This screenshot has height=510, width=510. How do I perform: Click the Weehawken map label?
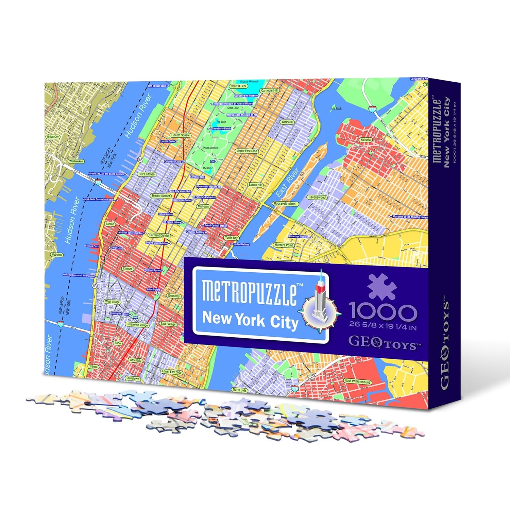pyautogui.click(x=76, y=161)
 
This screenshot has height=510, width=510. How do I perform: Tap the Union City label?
pyautogui.click(x=53, y=137)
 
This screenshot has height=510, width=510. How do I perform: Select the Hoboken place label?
pyautogui.click(x=56, y=255)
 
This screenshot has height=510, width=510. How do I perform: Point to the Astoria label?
pyautogui.click(x=366, y=140)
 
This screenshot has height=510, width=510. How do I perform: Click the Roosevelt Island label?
pyautogui.click(x=285, y=204)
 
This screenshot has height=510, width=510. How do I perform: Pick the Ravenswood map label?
pyautogui.click(x=317, y=197)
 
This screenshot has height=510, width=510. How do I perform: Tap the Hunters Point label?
pyautogui.click(x=284, y=245)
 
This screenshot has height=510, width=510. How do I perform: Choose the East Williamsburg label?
pyautogui.click(x=357, y=381)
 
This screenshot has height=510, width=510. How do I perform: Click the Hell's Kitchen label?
pyautogui.click(x=147, y=174)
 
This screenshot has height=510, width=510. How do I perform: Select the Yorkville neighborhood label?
pyautogui.click(x=287, y=122)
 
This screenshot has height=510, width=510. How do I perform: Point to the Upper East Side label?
pyautogui.click(x=247, y=151)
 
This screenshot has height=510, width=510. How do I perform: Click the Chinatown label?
pyautogui.click(x=133, y=378)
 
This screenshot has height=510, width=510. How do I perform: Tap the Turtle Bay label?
pyautogui.click(x=231, y=238)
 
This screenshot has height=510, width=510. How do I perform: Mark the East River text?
pyautogui.click(x=287, y=183)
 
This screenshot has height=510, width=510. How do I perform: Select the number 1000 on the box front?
pyautogui.click(x=383, y=312)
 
